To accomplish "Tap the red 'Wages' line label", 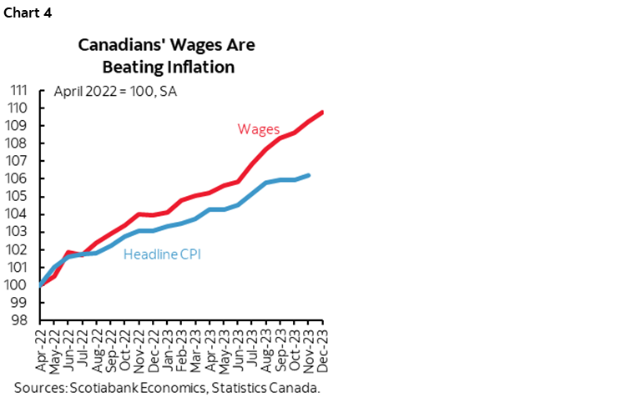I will (259, 129).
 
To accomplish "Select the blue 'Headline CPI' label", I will (162, 255).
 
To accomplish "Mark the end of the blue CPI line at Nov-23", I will (309, 175).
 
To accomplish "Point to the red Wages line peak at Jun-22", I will (68, 252).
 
